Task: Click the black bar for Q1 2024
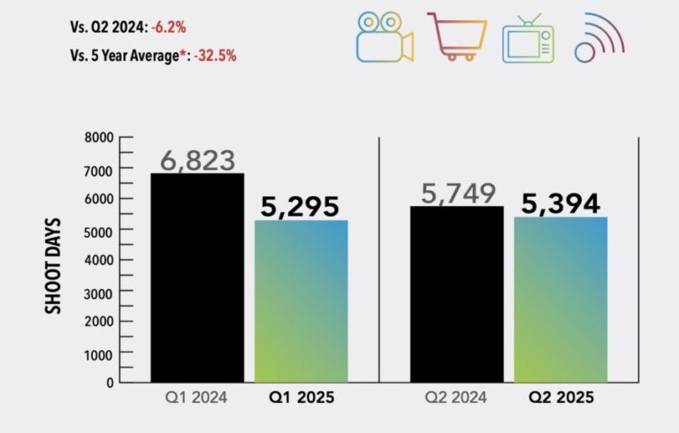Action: pos(197,277)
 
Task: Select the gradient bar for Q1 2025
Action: pos(301,301)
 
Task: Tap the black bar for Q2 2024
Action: pos(457,294)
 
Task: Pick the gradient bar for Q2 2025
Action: pos(561,300)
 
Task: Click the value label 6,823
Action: pos(197,160)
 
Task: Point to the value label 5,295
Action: pos(301,206)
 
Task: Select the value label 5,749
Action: pos(458,193)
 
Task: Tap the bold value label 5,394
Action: pos(561,203)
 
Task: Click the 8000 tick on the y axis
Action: pos(100,138)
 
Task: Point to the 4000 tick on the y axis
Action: pos(100,261)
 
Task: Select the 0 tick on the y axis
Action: pos(110,383)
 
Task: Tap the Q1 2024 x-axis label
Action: pos(197,399)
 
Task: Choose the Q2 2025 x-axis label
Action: pos(561,399)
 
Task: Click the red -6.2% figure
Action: pos(168,27)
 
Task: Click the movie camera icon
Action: pos(384,37)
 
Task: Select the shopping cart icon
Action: pos(457,36)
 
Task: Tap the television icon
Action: pos(528,40)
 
